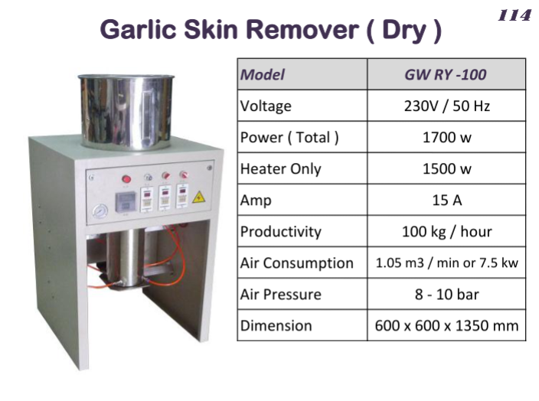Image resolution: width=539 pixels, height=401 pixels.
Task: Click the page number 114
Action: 514,16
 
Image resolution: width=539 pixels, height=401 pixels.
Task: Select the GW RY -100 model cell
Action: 446,74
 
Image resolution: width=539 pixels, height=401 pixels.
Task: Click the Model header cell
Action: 263,74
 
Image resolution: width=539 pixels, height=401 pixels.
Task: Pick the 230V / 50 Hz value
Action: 446,106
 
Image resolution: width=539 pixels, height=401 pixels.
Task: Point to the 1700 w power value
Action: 446,138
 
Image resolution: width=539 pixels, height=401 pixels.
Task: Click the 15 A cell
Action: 446,200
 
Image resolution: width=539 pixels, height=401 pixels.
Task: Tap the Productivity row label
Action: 280,231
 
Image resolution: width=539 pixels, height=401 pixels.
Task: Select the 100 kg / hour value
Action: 446,231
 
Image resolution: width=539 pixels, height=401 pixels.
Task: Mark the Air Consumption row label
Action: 297,263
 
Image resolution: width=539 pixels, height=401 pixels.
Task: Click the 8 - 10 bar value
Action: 446,294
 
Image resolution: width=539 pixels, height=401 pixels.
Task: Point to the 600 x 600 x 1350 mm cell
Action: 446,325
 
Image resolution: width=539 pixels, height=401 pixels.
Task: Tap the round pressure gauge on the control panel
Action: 97,210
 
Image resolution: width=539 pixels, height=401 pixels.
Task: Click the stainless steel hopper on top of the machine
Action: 126,111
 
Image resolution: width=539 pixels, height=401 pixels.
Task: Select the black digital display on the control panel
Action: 125,202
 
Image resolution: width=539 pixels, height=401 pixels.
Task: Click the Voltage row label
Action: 266,106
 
